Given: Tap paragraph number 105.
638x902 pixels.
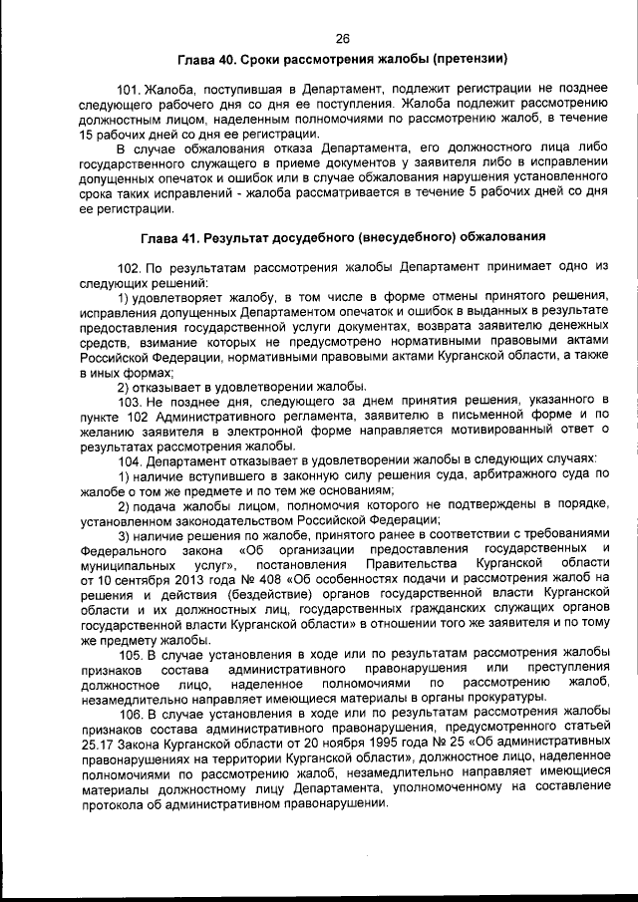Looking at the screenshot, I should [133, 654].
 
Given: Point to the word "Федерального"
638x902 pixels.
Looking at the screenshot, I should [121, 549].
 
